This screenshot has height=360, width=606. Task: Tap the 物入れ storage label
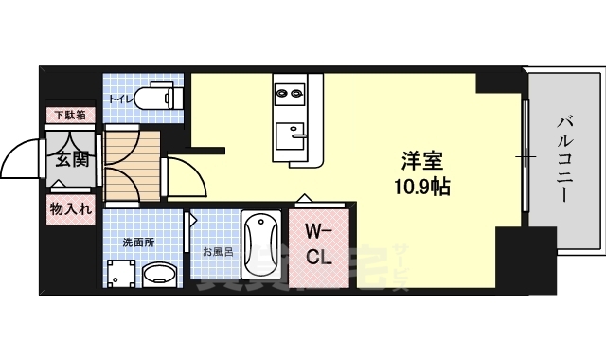coord(71,209)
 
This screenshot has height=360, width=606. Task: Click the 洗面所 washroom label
coord(137,243)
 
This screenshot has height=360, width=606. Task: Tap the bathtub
coord(260,248)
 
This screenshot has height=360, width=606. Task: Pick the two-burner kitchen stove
coord(290,92)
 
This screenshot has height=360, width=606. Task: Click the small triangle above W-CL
coord(303,200)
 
